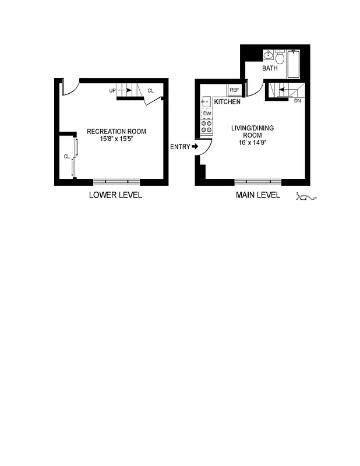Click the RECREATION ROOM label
coord(117,131)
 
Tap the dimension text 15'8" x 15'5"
coord(117,139)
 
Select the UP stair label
coord(112,91)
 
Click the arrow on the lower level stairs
coord(124,90)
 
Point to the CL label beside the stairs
coord(150,90)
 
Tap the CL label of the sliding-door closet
coord(66,157)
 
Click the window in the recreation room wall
coord(117,181)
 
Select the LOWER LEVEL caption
coord(115,195)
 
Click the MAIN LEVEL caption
coord(257,195)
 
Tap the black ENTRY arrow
coord(195,147)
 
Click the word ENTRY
coord(180,147)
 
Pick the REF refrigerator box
coord(234,90)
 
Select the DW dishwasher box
coord(207,114)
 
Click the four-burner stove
coord(207,128)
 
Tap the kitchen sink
coord(206,101)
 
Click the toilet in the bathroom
coord(280,58)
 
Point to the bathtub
coord(294,63)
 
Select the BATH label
coord(270,68)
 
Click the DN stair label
coord(297,101)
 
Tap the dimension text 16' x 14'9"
coord(252,142)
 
